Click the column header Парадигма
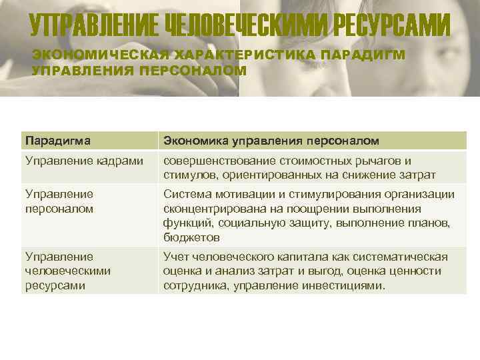tap(57, 141)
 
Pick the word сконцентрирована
tap(207, 208)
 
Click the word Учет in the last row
tap(175, 257)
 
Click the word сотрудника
tap(191, 285)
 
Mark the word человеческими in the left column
tap(68, 271)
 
